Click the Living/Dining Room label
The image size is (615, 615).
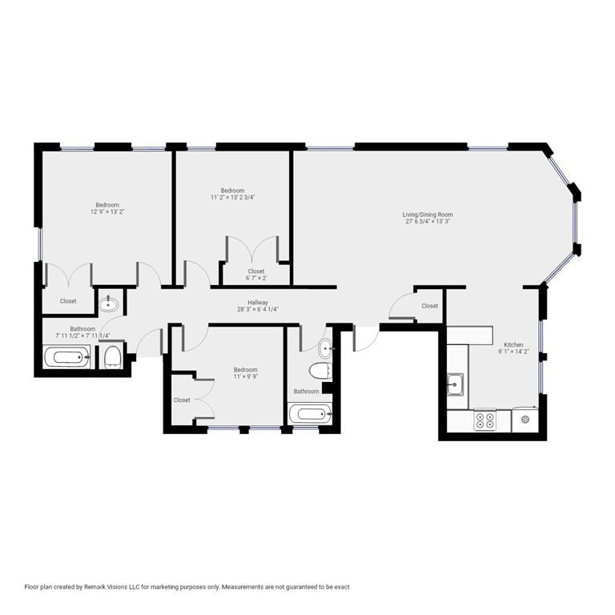tap(428, 214)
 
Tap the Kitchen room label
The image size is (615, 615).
tap(513, 344)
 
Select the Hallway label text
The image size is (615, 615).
tap(257, 303)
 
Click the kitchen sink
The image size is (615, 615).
tap(456, 386)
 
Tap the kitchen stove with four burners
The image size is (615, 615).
tap(485, 419)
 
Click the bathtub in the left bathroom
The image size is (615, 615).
tap(66, 356)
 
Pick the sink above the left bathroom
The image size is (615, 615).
tap(108, 304)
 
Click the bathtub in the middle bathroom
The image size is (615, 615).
tap(310, 415)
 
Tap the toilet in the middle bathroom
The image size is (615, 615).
tap(320, 372)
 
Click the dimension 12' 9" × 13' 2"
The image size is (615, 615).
tap(107, 212)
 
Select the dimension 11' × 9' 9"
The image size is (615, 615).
tap(245, 376)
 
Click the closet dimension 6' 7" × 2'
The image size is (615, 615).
tap(256, 279)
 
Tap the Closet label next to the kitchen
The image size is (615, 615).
tap(430, 306)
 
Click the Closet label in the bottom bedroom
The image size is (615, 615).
tap(182, 400)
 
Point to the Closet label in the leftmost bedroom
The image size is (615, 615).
tap(68, 301)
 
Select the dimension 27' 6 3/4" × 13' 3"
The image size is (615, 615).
tap(428, 222)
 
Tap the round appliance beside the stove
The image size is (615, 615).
tap(525, 419)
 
